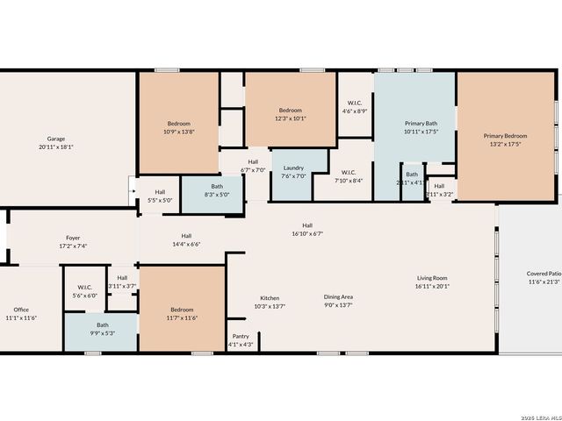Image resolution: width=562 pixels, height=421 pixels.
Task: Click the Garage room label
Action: click(56, 139)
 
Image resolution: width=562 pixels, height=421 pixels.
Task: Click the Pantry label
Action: click(241, 336)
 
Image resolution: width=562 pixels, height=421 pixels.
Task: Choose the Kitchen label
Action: click(270, 298)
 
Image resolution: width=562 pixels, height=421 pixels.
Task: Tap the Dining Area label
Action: click(339, 297)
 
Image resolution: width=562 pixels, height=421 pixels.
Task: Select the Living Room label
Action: click(432, 278)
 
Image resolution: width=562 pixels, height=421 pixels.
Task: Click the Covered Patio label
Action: click(544, 274)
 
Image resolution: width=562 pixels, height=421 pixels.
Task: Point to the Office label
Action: click(21, 310)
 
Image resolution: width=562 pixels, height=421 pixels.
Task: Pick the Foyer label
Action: click(73, 238)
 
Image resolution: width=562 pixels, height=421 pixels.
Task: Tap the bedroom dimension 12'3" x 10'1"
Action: click(291, 118)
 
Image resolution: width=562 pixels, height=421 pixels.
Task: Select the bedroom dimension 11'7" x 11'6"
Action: click(182, 318)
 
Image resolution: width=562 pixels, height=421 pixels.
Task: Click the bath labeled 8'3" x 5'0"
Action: click(217, 195)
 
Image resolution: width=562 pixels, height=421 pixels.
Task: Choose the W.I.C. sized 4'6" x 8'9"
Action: click(356, 111)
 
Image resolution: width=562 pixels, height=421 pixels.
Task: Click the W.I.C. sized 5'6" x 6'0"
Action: click(85, 296)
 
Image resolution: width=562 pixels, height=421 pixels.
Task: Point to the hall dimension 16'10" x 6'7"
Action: click(307, 234)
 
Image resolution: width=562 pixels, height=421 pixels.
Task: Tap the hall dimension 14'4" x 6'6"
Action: click(186, 244)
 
